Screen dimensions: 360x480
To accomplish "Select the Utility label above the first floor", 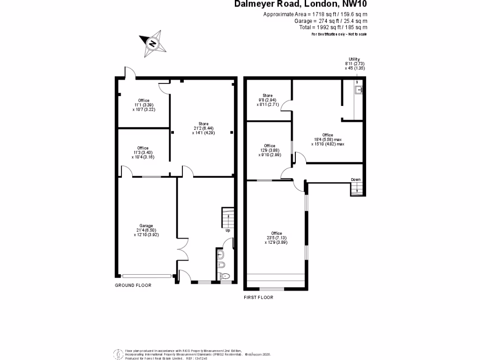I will [x=354, y=64].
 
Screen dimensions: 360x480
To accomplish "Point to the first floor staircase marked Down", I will [x=357, y=188].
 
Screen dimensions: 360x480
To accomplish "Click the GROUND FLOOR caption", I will [x=133, y=285].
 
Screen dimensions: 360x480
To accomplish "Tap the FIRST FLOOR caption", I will [x=258, y=297].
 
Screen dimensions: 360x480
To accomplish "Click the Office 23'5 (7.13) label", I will [x=276, y=238].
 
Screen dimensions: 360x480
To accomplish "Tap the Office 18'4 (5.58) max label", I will [x=328, y=139].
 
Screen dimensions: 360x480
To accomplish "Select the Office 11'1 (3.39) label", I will [x=143, y=105].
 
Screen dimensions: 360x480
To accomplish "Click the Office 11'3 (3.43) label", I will [x=143, y=152].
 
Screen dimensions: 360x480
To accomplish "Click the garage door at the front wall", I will [x=147, y=276].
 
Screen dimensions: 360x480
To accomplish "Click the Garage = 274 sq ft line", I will [x=330, y=21].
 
